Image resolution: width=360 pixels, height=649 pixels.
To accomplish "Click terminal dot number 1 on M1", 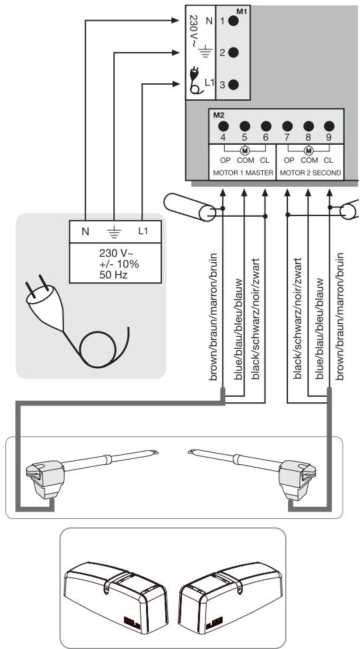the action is point(233,21).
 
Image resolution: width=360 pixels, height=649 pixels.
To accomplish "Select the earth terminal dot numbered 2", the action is point(233,53).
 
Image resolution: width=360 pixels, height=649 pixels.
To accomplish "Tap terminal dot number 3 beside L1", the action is point(233,85).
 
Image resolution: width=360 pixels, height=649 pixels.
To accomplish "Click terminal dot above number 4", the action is point(223,126).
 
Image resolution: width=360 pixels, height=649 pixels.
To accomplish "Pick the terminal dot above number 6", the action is point(266,126).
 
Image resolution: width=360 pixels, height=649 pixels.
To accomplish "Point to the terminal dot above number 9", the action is point(329,126).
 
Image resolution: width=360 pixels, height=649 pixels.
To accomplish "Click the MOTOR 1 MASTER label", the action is point(243,173).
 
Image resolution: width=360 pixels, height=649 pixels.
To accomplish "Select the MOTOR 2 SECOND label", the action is point(311,173).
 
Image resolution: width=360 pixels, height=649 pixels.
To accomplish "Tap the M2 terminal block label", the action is point(219,115).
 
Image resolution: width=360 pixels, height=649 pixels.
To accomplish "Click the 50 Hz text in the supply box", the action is point(113,274).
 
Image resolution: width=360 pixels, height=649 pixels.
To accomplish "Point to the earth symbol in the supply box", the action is point(114,233).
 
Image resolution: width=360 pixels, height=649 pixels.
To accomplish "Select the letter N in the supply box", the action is point(85,232).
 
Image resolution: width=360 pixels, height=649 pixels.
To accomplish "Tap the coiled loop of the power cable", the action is point(97,349).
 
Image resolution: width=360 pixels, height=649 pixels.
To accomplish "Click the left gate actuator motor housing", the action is point(45,479).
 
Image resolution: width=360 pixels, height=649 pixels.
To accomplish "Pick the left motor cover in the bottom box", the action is point(116,597).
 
